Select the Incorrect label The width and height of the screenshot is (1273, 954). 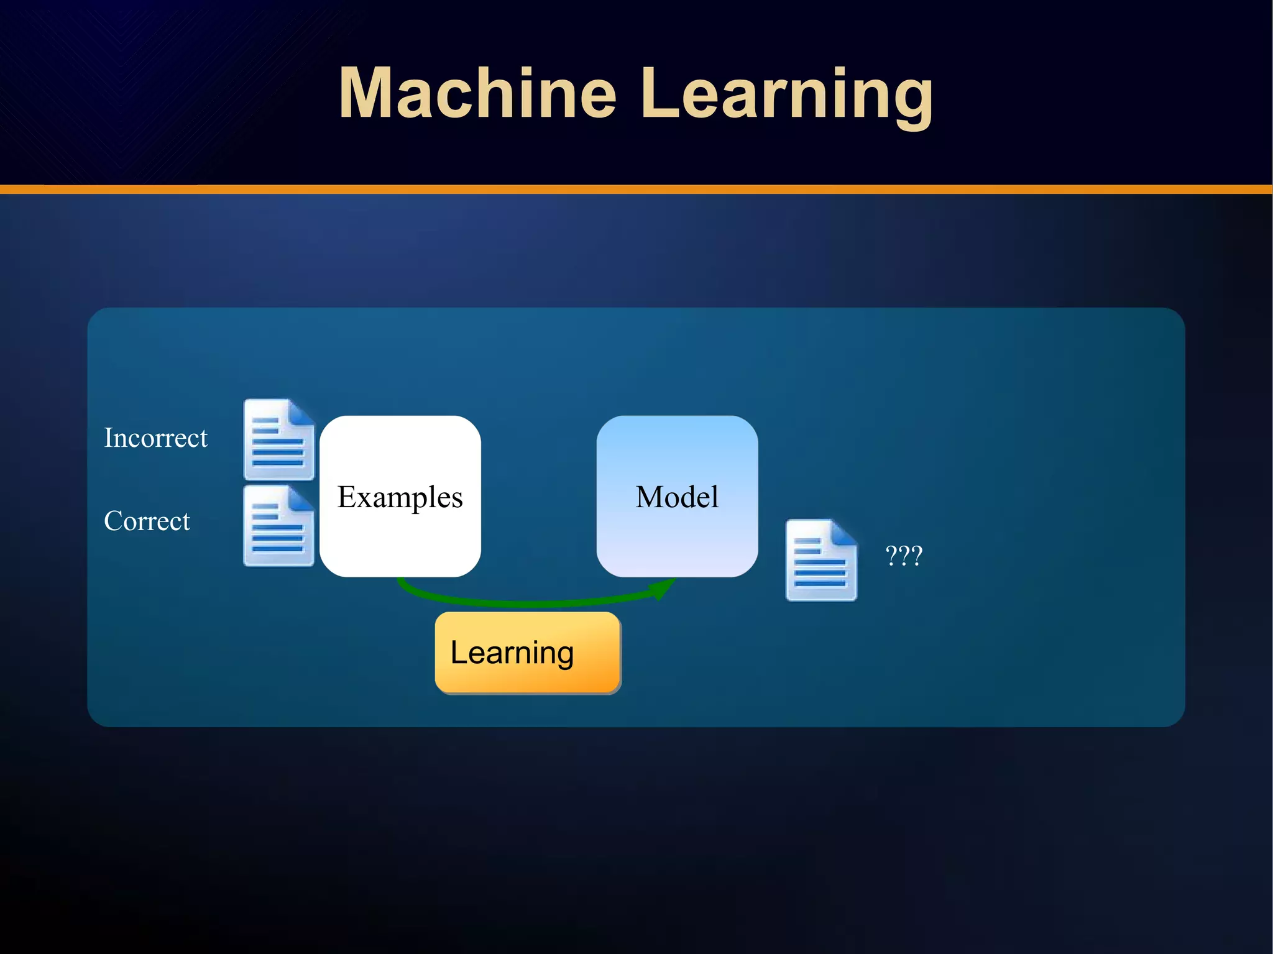(x=155, y=438)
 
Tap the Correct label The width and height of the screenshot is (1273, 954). (x=147, y=521)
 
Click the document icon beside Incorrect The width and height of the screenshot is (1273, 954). (x=278, y=440)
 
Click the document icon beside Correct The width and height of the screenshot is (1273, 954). (x=278, y=526)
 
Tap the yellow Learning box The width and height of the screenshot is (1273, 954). (x=528, y=652)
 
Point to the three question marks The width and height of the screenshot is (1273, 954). (x=904, y=555)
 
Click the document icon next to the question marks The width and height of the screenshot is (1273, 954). (x=821, y=561)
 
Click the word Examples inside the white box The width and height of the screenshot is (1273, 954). (x=400, y=497)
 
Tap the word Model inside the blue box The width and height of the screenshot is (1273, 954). (x=677, y=497)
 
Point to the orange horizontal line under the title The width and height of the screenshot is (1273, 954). (x=636, y=190)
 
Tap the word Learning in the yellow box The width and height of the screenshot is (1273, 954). (x=512, y=653)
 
